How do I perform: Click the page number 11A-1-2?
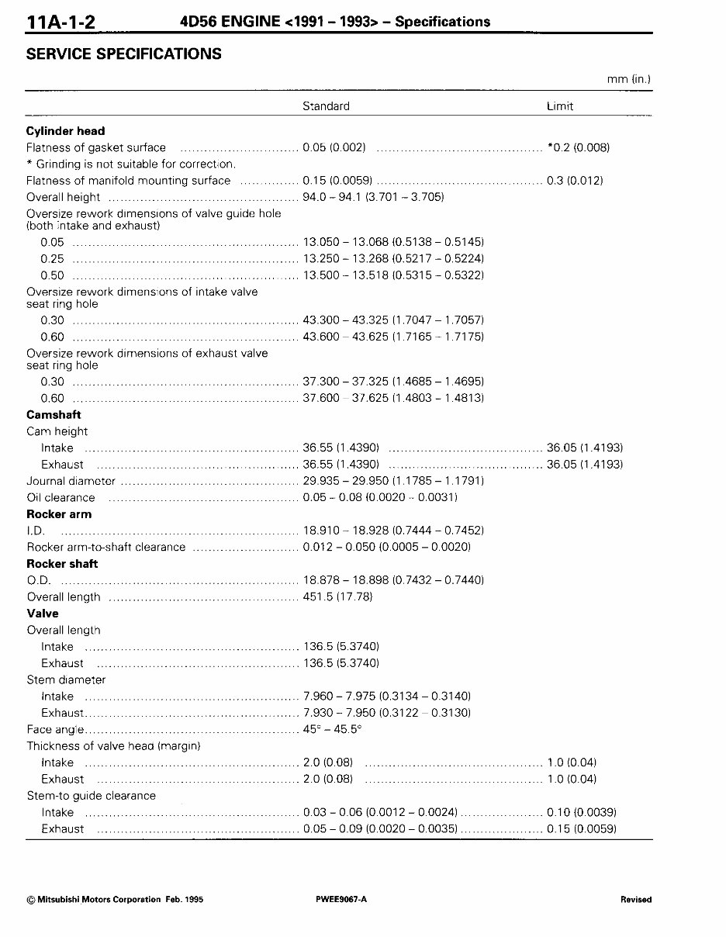pyautogui.click(x=61, y=20)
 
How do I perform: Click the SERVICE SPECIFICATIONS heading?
pyautogui.click(x=123, y=54)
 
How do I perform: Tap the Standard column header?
pyautogui.click(x=326, y=106)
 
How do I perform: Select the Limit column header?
pyautogui.click(x=560, y=106)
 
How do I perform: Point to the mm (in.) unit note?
pyautogui.click(x=628, y=79)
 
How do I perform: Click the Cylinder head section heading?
pyautogui.click(x=65, y=131)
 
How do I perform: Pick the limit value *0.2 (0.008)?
pyautogui.click(x=578, y=147)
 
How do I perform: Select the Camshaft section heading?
pyautogui.click(x=54, y=415)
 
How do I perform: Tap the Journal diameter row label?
pyautogui.click(x=71, y=481)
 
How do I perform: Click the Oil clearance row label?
pyautogui.click(x=60, y=498)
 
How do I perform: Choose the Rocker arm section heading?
pyautogui.click(x=59, y=514)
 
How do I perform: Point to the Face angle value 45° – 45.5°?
pyautogui.click(x=332, y=730)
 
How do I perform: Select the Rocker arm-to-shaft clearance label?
pyautogui.click(x=106, y=548)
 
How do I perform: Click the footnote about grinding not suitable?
pyautogui.click(x=131, y=164)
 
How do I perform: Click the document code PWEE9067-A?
pyautogui.click(x=341, y=900)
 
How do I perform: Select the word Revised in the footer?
pyautogui.click(x=636, y=900)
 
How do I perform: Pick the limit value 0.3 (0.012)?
pyautogui.click(x=575, y=181)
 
